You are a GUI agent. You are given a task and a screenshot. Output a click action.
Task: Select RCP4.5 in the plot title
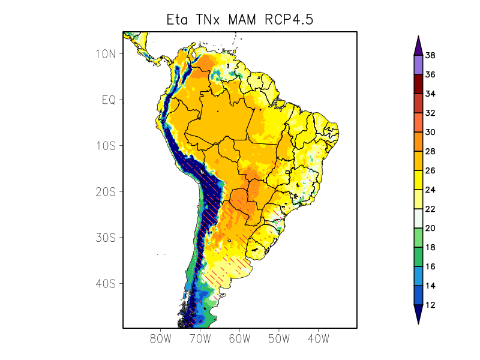tap(287, 20)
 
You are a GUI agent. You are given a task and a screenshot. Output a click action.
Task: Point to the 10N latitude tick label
tap(106, 54)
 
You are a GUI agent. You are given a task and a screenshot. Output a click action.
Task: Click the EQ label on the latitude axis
tap(109, 100)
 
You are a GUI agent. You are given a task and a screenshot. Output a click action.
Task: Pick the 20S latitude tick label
tap(106, 191)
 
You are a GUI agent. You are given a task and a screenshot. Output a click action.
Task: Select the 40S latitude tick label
tap(106, 283)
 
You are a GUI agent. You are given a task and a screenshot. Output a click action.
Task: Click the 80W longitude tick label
tap(161, 338)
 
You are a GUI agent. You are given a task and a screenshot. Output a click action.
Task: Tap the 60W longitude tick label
tap(239, 338)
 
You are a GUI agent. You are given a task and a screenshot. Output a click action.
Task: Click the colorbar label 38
tap(430, 56)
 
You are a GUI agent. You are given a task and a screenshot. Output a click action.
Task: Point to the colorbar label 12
tap(430, 305)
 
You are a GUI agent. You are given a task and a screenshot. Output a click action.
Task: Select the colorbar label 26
tap(430, 171)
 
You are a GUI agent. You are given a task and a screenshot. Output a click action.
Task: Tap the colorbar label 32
tap(430, 113)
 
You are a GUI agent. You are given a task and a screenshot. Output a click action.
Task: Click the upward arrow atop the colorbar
tap(418, 46)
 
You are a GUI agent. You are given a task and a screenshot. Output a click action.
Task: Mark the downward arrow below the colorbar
tap(418, 314)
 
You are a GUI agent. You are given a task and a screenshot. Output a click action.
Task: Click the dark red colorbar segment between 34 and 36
tap(418, 85)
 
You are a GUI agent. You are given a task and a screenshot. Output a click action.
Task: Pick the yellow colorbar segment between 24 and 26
tap(418, 181)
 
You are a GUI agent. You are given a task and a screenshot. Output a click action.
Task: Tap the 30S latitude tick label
tap(106, 238)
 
